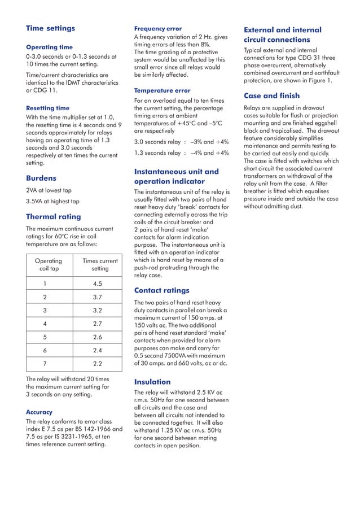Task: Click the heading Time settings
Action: (x=50, y=28)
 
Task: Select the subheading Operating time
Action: (x=49, y=47)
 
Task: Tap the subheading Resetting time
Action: (x=48, y=107)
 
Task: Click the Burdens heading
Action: (x=41, y=177)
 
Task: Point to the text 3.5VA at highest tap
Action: (x=52, y=201)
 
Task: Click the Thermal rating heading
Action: (x=54, y=216)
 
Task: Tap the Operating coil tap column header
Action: (x=49, y=265)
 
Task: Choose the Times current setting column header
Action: (x=100, y=265)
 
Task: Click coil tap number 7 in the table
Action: (x=45, y=363)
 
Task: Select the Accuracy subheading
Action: (x=42, y=412)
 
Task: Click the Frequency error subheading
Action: (x=158, y=28)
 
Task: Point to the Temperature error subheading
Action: (x=162, y=90)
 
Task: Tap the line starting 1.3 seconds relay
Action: (x=181, y=153)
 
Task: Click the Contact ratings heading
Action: (x=161, y=290)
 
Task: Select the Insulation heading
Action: (x=152, y=382)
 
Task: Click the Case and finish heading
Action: (x=271, y=95)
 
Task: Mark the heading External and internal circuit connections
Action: (x=282, y=34)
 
